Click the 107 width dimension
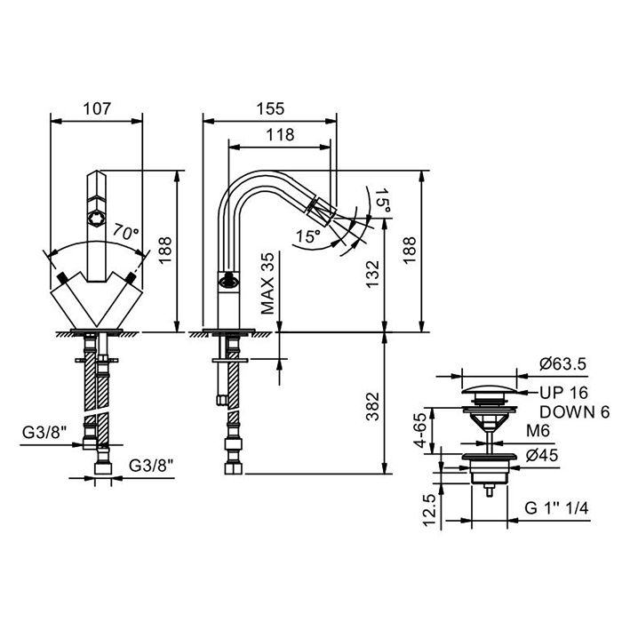96,108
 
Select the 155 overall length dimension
270,108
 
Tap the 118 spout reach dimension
280,134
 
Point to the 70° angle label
125,234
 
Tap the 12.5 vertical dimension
429,510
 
